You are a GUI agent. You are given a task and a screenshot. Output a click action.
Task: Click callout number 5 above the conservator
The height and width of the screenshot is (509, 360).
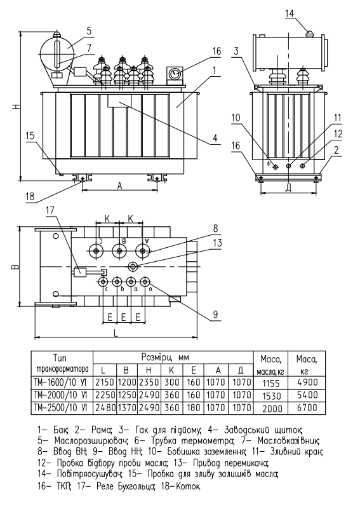[89, 31]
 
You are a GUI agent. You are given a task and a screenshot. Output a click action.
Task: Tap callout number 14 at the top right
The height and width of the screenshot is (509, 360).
[290, 13]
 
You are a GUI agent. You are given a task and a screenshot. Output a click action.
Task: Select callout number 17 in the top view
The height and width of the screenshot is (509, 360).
[50, 210]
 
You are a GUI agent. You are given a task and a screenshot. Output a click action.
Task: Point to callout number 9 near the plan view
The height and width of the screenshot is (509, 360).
[215, 314]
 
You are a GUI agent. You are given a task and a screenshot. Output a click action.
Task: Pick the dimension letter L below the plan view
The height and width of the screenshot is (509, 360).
[116, 332]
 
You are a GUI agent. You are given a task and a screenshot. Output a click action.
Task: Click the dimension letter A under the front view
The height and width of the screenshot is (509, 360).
[119, 186]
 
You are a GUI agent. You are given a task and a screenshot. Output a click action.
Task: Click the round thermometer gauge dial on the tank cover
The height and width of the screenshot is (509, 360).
[175, 74]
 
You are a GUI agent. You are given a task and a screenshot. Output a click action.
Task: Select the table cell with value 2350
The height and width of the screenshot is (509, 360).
[149, 382]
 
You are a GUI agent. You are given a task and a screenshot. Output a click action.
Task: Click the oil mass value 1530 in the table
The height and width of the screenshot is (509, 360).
[271, 396]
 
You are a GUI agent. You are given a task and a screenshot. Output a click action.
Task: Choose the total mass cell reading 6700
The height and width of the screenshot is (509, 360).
[307, 407]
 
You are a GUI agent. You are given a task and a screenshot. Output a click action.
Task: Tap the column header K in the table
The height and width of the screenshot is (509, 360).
[171, 370]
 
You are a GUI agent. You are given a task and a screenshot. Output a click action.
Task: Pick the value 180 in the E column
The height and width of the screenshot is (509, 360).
[193, 407]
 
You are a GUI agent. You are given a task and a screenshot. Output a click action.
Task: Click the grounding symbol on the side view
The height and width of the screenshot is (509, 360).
[268, 163]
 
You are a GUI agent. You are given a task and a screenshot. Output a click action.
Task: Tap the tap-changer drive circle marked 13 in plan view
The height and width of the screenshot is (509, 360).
[133, 267]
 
